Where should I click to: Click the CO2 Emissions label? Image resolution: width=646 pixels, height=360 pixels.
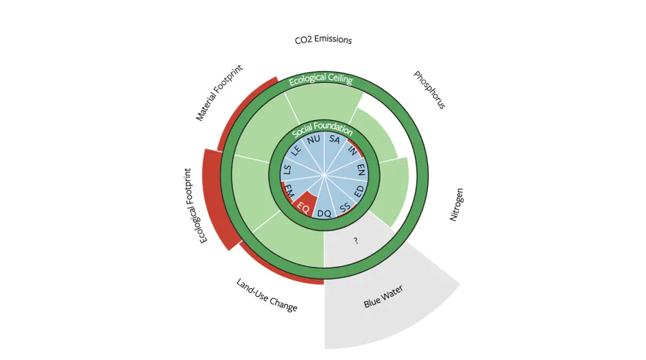tap(323, 40)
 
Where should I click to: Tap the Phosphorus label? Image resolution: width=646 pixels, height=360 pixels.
tap(430, 90)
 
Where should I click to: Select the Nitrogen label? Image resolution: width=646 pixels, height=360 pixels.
tap(457, 204)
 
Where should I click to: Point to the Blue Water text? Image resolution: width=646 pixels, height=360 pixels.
tap(383, 296)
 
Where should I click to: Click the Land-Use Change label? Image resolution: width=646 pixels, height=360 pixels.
tap(267, 295)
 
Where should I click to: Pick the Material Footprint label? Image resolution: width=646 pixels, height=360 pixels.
tap(219, 93)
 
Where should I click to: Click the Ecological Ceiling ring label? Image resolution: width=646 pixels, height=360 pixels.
tap(320, 80)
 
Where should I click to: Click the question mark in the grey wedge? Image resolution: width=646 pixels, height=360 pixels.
tap(356, 241)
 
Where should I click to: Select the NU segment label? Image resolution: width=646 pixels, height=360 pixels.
tap(313, 139)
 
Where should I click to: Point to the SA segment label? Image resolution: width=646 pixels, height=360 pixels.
tap(335, 139)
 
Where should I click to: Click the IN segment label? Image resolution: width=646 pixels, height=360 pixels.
tap(352, 149)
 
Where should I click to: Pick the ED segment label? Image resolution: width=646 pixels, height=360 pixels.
tap(359, 189)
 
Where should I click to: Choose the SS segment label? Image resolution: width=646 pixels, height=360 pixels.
tap(346, 206)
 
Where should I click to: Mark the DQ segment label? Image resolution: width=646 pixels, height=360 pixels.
tap(324, 213)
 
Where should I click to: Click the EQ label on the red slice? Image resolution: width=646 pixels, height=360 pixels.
tap(302, 204)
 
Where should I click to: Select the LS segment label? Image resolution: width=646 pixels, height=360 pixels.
tap(287, 170)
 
